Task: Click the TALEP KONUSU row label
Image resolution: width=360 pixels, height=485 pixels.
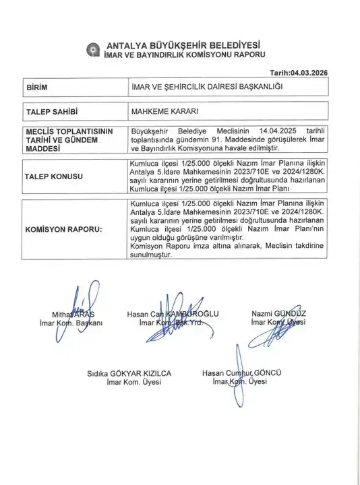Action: [54, 176]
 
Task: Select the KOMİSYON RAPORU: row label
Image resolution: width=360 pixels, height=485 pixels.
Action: [63, 229]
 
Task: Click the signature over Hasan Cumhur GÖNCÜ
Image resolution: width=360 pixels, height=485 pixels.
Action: [235, 367]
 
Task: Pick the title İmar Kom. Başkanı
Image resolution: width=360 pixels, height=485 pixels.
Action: [69, 323]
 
